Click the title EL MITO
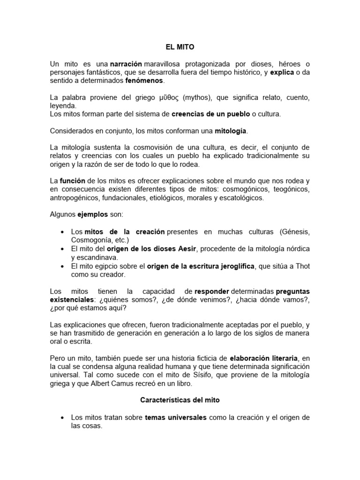(x=180, y=47)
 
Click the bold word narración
(x=126, y=63)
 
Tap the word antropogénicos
(x=73, y=197)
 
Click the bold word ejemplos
(x=92, y=214)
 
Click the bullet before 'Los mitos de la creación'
(x=63, y=232)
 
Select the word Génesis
(x=294, y=232)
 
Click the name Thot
(x=303, y=266)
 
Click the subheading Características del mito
(x=180, y=401)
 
